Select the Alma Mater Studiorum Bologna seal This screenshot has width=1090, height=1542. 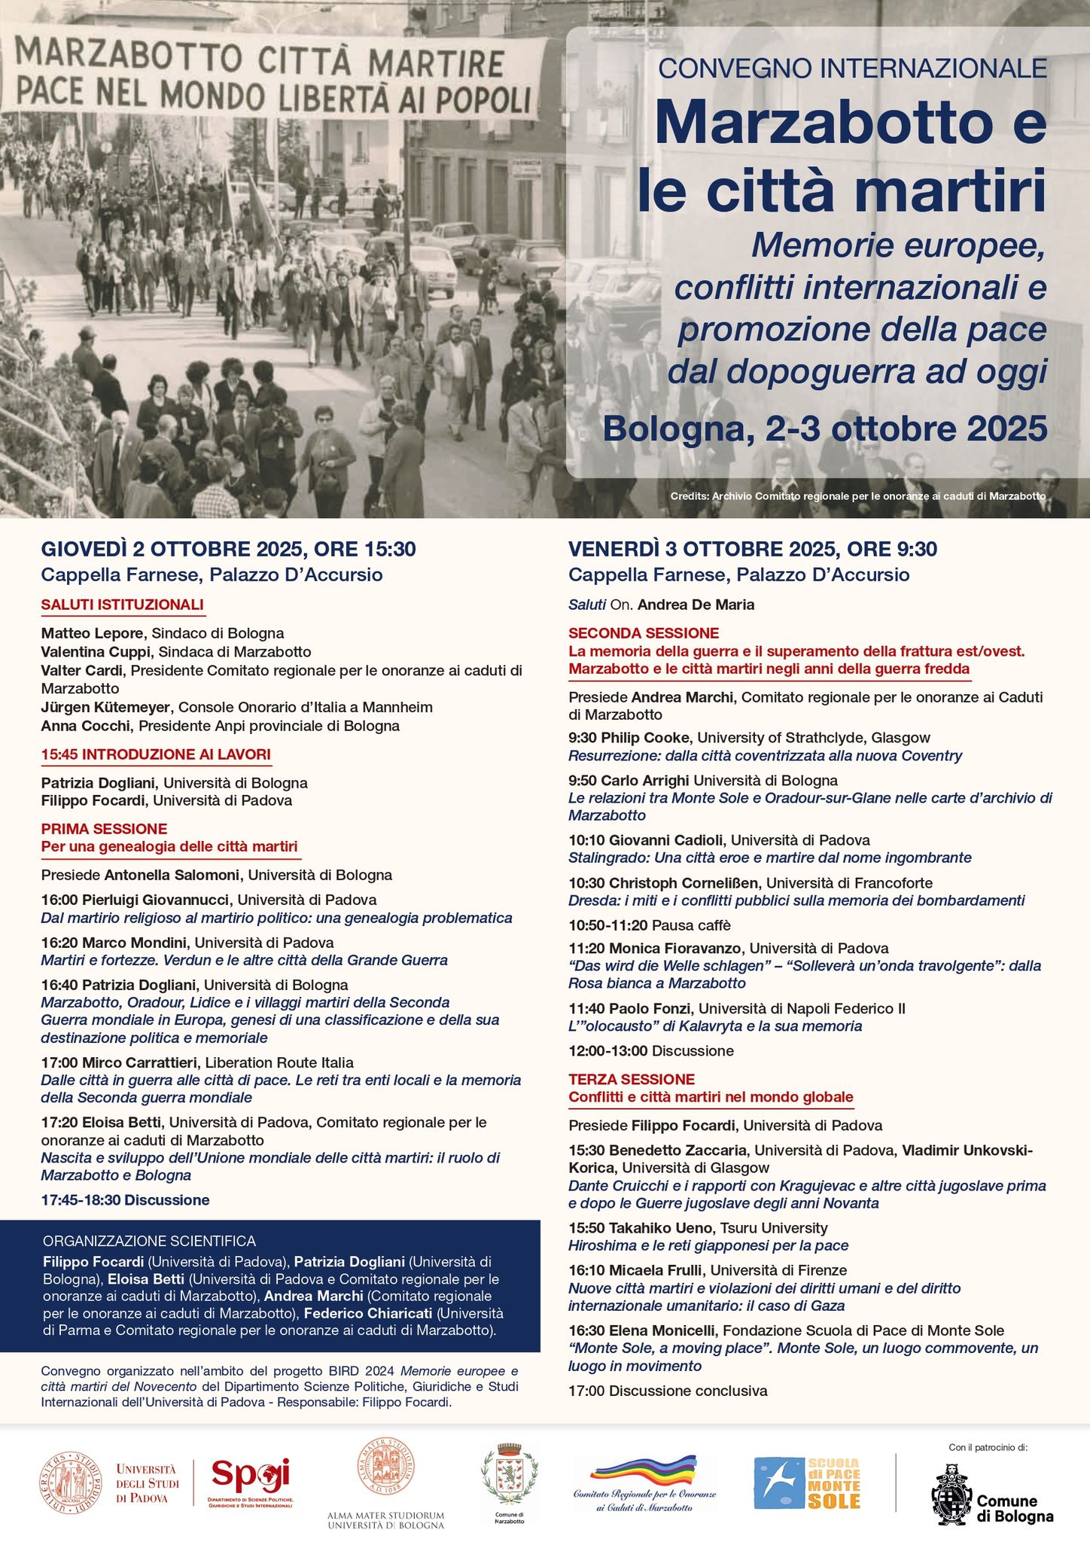385,1467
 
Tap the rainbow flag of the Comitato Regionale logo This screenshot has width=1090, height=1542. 644,1469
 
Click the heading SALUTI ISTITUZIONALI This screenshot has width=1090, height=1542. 122,605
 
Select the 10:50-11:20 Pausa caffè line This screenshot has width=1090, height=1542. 649,925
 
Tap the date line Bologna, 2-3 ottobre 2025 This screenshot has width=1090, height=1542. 824,429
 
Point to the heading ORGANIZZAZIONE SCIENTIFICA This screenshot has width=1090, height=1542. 150,1241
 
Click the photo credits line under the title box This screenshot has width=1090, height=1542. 857,497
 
